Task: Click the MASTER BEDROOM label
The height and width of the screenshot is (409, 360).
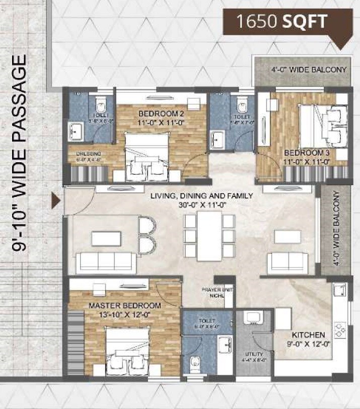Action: [125, 306]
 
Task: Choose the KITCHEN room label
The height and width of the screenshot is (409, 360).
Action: [308, 335]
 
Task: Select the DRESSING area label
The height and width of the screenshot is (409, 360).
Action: [89, 154]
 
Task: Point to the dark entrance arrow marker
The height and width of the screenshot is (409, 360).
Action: [56, 201]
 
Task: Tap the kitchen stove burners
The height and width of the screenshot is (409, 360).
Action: [339, 328]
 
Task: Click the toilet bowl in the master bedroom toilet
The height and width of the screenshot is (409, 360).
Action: [192, 364]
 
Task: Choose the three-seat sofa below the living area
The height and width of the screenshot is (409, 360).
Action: [106, 261]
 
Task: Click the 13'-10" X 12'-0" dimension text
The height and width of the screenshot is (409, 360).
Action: [125, 314]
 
